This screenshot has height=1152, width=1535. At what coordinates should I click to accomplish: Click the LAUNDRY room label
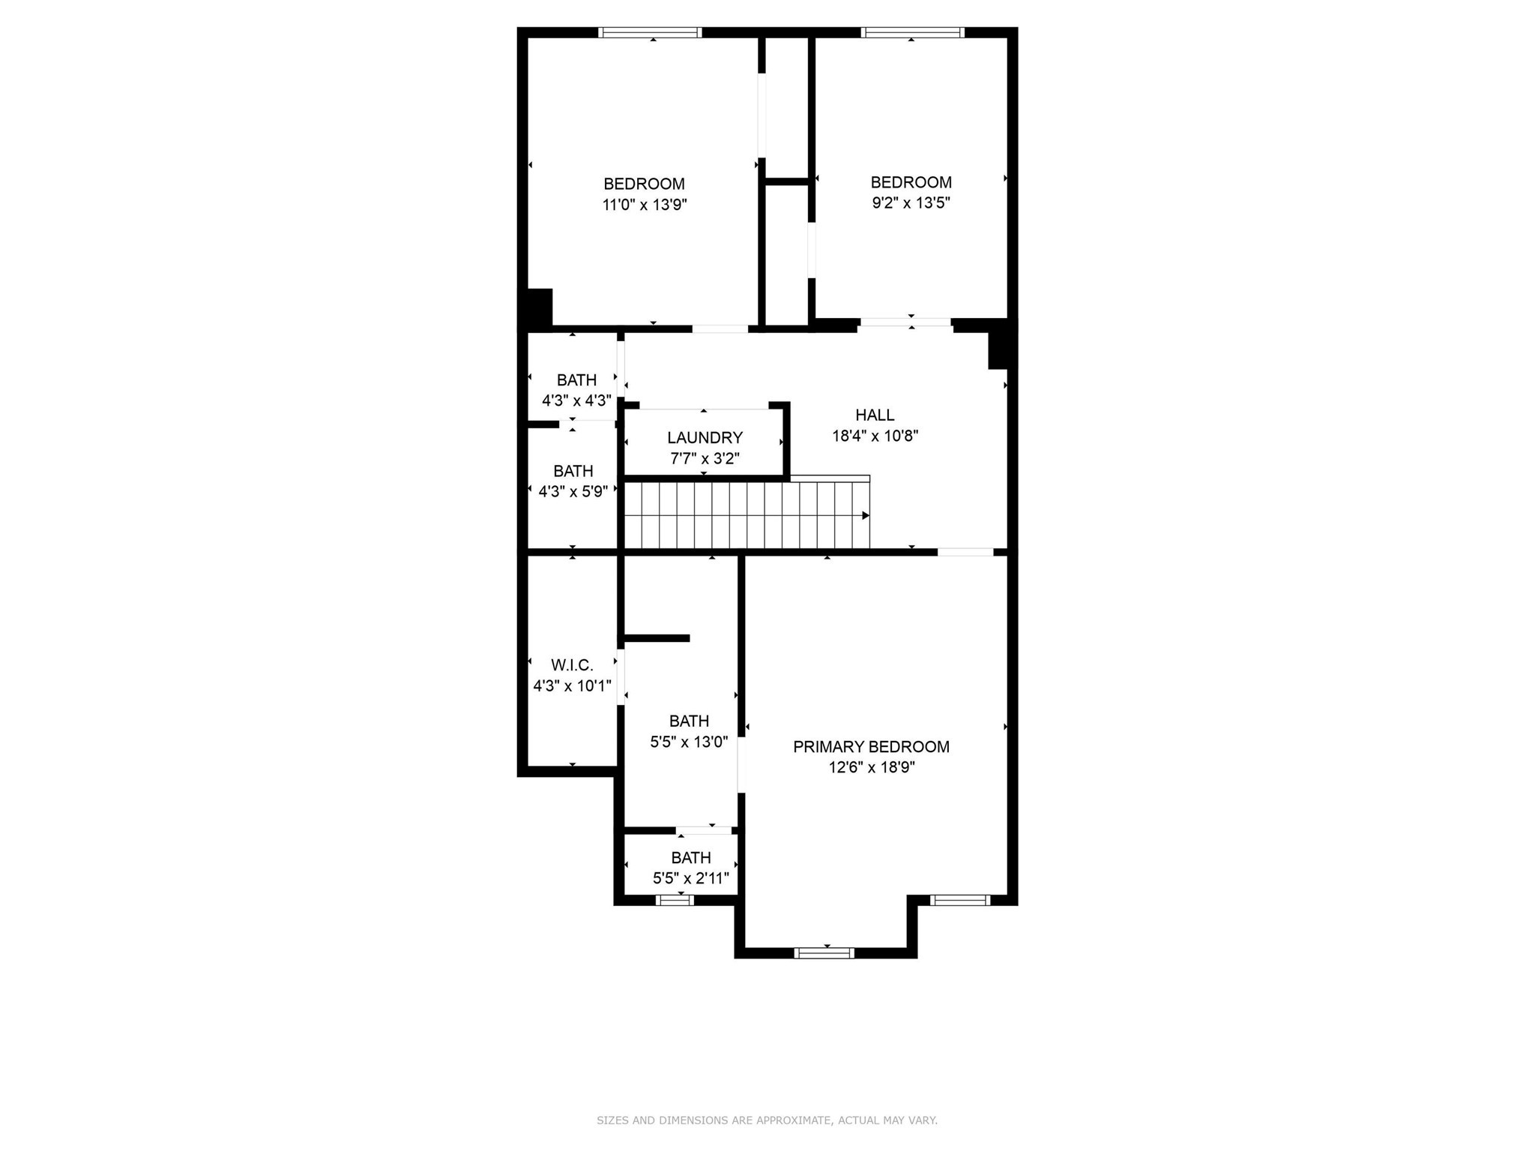[705, 437]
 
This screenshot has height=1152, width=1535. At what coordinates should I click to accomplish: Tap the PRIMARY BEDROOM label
[871, 746]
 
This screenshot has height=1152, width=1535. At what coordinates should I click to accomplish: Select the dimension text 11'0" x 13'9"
[645, 205]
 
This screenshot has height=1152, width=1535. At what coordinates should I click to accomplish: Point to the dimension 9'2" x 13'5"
[911, 203]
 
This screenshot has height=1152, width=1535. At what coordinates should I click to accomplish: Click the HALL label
[875, 415]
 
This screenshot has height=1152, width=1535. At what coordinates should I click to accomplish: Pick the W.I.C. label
[572, 665]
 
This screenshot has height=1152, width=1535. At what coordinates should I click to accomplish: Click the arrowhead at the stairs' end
[865, 515]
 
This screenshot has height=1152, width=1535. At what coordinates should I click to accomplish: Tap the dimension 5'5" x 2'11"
[690, 878]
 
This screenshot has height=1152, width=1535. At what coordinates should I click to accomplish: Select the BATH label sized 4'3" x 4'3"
[576, 380]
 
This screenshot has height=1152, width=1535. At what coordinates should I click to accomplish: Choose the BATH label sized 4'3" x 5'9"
[573, 471]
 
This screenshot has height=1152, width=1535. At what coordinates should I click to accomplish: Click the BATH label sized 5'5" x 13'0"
[689, 721]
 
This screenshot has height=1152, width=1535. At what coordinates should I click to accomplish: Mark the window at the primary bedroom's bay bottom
[824, 953]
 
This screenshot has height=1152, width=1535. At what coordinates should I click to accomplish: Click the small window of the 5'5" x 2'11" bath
[674, 900]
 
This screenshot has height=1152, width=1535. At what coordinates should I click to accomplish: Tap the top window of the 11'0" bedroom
[650, 32]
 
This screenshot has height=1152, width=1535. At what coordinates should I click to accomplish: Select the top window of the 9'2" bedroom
[912, 32]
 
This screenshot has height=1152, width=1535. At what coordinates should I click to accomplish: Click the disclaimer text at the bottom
[767, 1120]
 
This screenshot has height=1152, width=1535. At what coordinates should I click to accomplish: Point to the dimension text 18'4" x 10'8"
[875, 436]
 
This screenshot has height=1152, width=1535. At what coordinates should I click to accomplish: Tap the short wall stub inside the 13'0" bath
[657, 638]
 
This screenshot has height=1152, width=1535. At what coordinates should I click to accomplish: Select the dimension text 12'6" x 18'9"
[871, 767]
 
